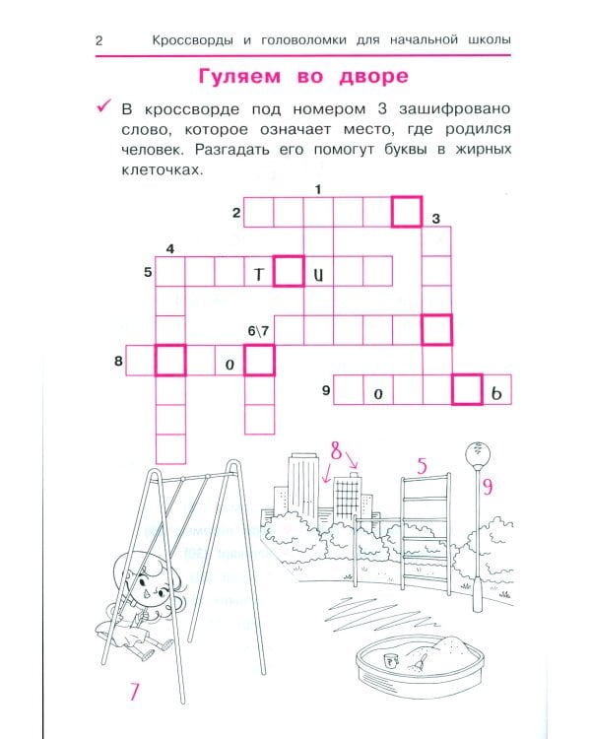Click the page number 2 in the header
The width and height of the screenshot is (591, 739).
click(x=98, y=40)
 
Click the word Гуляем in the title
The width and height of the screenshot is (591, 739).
click(x=239, y=76)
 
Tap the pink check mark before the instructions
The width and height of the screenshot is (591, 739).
click(x=103, y=106)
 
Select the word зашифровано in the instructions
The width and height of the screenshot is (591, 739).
click(x=455, y=108)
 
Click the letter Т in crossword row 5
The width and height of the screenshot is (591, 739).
click(x=259, y=274)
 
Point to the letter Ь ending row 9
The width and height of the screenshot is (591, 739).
click(x=496, y=393)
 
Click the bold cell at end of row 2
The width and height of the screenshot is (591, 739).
click(x=407, y=212)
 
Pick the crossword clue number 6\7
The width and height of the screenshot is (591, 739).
click(x=258, y=331)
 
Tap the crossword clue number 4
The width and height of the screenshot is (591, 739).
click(x=170, y=249)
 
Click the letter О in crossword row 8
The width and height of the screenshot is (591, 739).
click(x=230, y=365)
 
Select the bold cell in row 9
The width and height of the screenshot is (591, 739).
click(x=467, y=390)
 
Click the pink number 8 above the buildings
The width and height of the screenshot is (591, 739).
click(x=336, y=450)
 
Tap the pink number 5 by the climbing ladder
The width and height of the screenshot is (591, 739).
click(x=422, y=466)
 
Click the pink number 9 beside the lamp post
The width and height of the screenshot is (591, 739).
click(x=488, y=486)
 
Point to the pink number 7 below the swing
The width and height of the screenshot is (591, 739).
click(x=134, y=692)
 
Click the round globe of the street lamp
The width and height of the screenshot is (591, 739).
click(x=478, y=454)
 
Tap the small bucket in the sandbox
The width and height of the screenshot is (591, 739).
click(x=391, y=661)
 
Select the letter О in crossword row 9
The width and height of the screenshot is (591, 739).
click(x=378, y=394)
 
